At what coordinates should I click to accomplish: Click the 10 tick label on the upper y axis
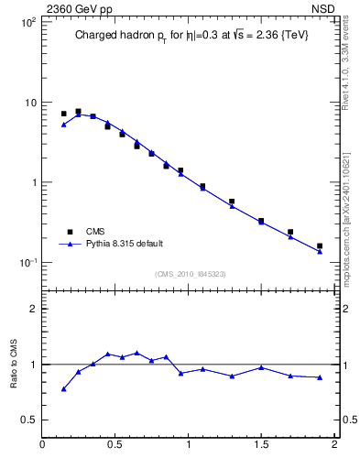pos(29,102)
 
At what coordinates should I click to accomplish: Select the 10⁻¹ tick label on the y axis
pos(27,263)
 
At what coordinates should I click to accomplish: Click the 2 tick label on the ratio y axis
pos(33,309)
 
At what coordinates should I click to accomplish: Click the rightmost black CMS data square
pos(320,245)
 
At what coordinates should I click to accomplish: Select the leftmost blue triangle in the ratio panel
pos(63,389)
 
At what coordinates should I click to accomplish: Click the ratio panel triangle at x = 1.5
pos(261,367)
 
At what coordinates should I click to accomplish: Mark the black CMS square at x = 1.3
pos(232,202)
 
